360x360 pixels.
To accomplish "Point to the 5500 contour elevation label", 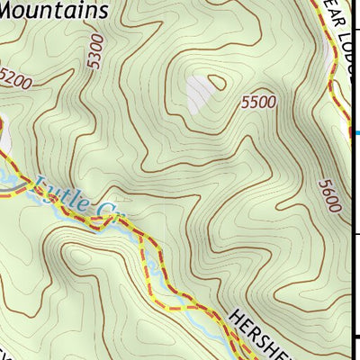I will [x=257, y=103].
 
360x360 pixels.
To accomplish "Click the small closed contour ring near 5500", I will [x=216, y=84].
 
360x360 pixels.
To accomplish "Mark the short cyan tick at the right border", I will [x=356, y=134].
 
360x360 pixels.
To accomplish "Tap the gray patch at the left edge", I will [x=4, y=139].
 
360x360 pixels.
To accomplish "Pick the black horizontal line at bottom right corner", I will [x=356, y=337].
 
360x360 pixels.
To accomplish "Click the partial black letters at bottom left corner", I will [x=7, y=354].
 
